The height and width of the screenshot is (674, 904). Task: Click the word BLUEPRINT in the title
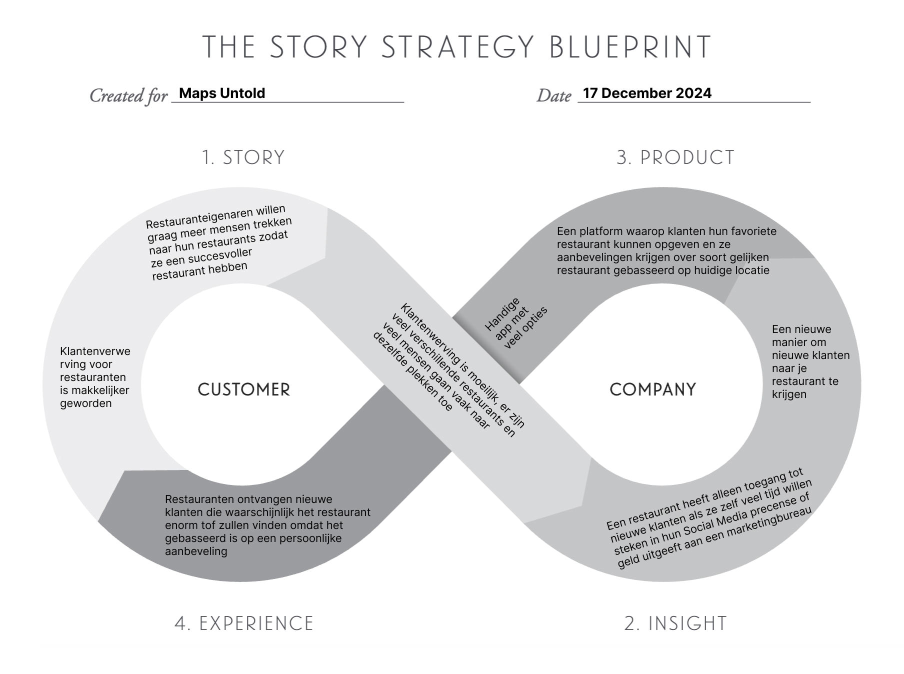point(630,47)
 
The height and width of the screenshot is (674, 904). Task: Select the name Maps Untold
point(222,93)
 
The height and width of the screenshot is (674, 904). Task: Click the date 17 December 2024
point(647,93)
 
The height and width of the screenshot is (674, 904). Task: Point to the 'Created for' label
point(128,95)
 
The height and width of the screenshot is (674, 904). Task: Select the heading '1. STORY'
point(243,157)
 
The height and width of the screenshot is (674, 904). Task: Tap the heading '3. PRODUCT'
point(675,157)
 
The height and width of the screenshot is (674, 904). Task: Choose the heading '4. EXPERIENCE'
point(244,623)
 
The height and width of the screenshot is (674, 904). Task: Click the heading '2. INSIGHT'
point(675,623)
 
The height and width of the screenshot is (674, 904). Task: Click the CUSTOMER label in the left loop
point(244,390)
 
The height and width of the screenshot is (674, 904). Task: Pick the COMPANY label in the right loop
point(652,390)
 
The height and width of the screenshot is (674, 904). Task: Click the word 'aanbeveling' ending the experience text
point(196,551)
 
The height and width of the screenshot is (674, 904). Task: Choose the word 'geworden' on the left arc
point(85,403)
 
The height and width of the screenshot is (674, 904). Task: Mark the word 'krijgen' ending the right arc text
point(789,394)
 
